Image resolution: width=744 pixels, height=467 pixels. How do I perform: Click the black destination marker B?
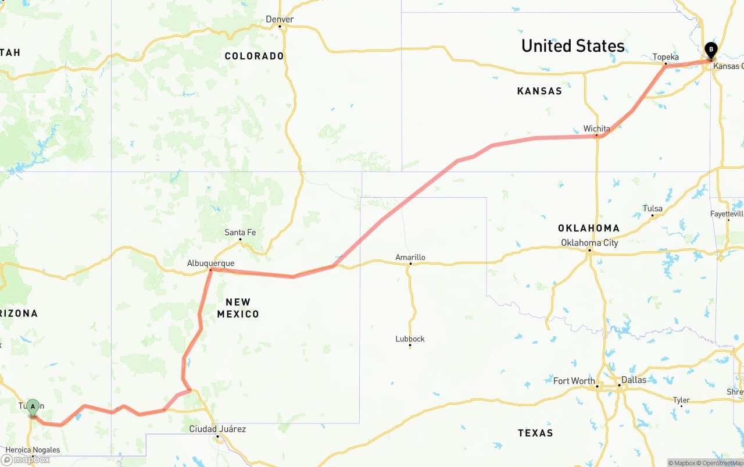click(x=711, y=51)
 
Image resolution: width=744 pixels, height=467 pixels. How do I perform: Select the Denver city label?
click(x=280, y=19)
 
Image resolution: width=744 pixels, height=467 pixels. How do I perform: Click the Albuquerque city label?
click(x=210, y=263)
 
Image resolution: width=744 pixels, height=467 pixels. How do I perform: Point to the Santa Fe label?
click(x=240, y=233)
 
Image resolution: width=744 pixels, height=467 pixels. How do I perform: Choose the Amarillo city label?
click(x=410, y=257)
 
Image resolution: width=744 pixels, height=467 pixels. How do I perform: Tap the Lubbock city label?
click(x=410, y=338)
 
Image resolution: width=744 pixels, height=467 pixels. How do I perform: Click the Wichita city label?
click(x=597, y=129)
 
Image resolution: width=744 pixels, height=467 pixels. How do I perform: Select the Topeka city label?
click(x=666, y=57)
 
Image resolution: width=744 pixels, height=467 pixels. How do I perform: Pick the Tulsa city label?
click(x=652, y=208)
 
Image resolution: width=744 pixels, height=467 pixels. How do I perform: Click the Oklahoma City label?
click(x=589, y=243)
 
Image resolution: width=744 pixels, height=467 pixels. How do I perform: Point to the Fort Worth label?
click(x=574, y=381)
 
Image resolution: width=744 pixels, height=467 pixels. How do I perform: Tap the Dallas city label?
click(x=634, y=380)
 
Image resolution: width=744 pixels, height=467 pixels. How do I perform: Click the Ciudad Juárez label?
click(x=217, y=429)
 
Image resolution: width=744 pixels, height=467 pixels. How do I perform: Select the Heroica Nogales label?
click(x=33, y=450)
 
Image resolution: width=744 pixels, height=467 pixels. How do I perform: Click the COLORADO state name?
click(x=254, y=56)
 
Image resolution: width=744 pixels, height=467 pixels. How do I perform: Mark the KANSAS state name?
click(x=539, y=91)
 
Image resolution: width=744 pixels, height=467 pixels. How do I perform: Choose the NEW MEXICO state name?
click(x=238, y=308)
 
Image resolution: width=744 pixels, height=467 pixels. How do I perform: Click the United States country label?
click(x=573, y=46)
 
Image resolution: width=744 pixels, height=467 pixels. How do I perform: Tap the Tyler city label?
click(x=681, y=400)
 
